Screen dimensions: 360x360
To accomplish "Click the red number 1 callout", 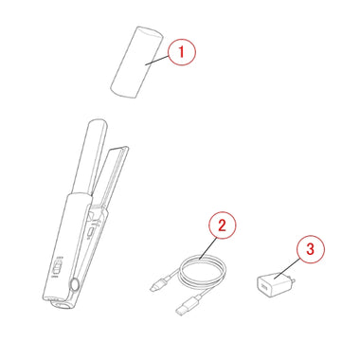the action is coord(182,52).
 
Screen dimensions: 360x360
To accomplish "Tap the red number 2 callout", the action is coord(222,225).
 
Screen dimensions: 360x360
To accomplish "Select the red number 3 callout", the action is coord(311,249).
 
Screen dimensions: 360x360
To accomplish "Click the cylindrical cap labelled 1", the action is coord(136,63).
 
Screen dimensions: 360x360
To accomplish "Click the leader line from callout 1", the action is coord(156,60).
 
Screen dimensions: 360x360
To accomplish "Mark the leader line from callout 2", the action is coord(208,248).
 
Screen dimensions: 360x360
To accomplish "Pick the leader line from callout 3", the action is coord(287,268).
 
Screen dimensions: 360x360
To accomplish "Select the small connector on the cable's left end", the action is coord(157,285).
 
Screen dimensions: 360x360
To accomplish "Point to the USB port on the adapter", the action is coord(263,287).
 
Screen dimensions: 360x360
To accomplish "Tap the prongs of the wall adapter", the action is coord(293,280).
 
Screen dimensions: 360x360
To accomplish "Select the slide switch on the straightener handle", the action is coord(57,267).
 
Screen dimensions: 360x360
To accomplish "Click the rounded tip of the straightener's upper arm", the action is coord(98,123).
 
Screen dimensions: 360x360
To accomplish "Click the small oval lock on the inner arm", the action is coord(90,232).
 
